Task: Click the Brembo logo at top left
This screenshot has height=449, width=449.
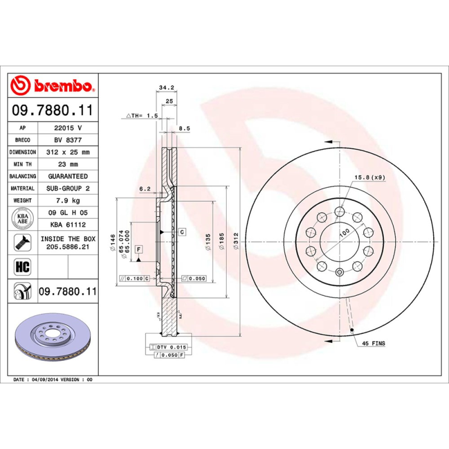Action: pos(52,86)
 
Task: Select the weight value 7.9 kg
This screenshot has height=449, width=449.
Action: pos(68,200)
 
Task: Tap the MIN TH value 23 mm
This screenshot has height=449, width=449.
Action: pos(68,164)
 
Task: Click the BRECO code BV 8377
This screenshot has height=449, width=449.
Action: pos(68,140)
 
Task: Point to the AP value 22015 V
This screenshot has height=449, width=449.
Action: pos(68,128)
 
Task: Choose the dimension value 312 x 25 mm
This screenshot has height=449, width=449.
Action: pos(68,152)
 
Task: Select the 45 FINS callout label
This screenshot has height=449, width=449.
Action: pos(373,343)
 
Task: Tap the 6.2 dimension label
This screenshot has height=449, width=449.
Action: pos(145,189)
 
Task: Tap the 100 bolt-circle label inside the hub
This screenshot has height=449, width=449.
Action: pos(343,232)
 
